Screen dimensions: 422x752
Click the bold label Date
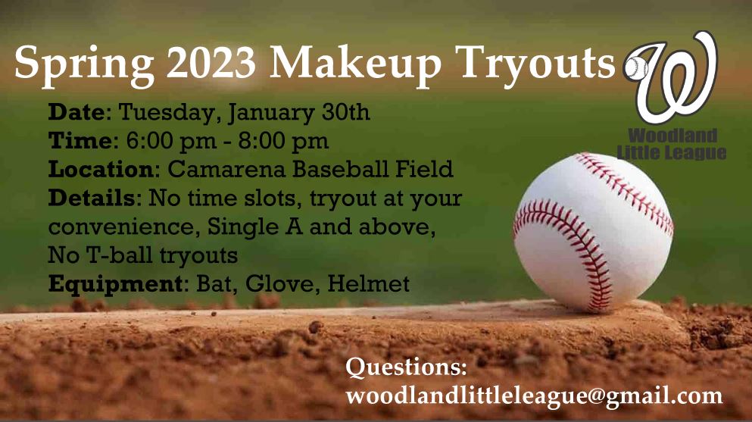click(x=75, y=114)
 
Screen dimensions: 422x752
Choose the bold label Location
click(x=101, y=169)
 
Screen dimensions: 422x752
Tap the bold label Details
click(x=91, y=198)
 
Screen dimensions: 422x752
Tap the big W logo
click(x=676, y=76)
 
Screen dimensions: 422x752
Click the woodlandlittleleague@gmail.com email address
click(x=534, y=395)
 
